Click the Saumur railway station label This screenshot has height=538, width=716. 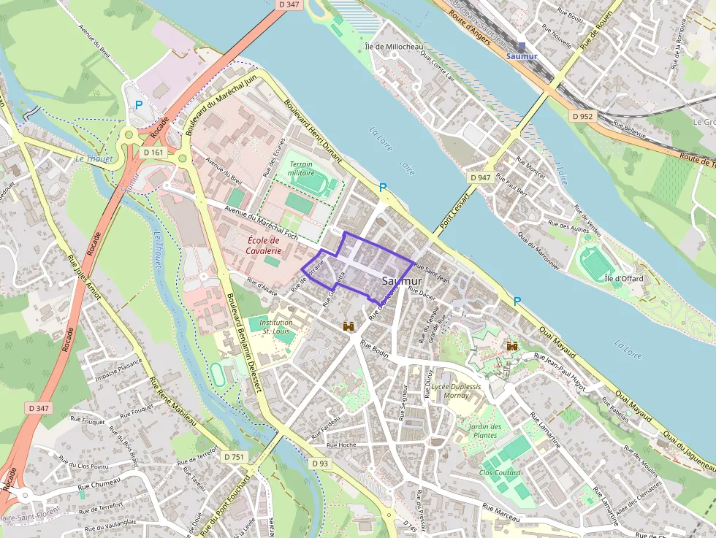pyautogui.click(x=522, y=56)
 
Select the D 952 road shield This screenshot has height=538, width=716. pyautogui.click(x=583, y=116)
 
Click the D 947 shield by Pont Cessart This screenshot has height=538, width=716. pyautogui.click(x=480, y=177)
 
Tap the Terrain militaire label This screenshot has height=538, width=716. pyautogui.click(x=301, y=169)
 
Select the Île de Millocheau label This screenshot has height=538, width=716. pyautogui.click(x=394, y=46)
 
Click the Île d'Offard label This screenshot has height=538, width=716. pyautogui.click(x=619, y=278)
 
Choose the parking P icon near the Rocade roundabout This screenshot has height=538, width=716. pyautogui.click(x=139, y=105)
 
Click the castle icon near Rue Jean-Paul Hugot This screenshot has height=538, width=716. pyautogui.click(x=512, y=346)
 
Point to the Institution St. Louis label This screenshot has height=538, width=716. pyautogui.click(x=276, y=326)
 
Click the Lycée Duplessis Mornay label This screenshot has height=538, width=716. pyautogui.click(x=456, y=391)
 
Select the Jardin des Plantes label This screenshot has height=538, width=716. pyautogui.click(x=485, y=431)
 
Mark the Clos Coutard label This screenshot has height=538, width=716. pyautogui.click(x=500, y=473)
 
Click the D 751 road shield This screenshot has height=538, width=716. pyautogui.click(x=234, y=456)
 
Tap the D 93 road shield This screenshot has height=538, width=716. pyautogui.click(x=320, y=463)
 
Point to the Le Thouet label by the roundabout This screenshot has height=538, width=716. pyautogui.click(x=94, y=158)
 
